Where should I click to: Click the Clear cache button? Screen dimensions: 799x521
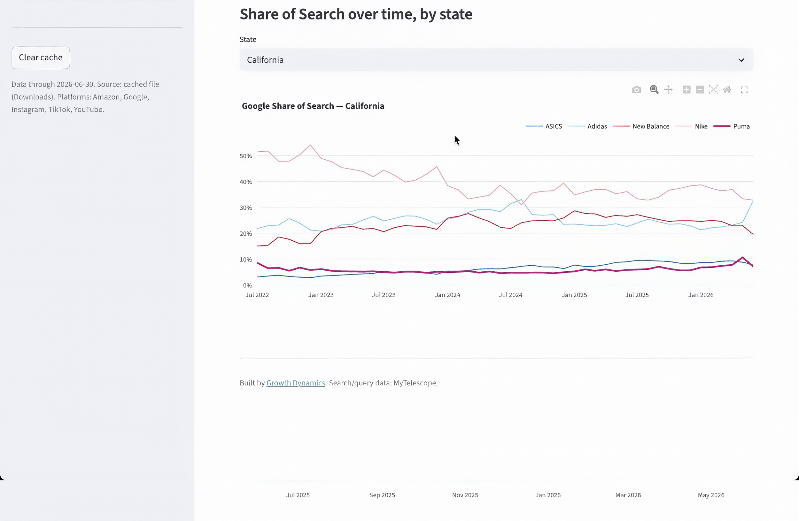point(41,58)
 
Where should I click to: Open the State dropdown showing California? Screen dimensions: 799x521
point(496,60)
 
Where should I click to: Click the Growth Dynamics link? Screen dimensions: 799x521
point(296,383)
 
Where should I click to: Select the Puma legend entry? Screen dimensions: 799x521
point(732,126)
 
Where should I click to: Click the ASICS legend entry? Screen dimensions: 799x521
point(544,126)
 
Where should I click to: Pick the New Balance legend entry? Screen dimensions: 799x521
point(641,126)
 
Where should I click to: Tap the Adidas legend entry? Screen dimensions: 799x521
point(587,126)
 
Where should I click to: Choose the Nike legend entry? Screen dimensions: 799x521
point(691,126)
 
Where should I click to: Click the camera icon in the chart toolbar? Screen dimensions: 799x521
point(636,90)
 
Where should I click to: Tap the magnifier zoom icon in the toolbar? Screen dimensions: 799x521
point(654,89)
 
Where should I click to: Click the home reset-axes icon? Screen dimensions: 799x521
point(727,89)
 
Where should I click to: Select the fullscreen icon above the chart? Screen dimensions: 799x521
point(744,90)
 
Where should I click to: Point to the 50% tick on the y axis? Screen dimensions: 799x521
point(246,156)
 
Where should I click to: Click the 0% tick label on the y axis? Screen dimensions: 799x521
point(247,285)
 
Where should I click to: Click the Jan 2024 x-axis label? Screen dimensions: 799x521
point(447,295)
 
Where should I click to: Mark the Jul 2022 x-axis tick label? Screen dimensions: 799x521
point(257,295)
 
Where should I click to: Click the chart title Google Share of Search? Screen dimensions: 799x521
point(288,106)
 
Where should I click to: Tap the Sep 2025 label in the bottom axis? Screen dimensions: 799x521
point(382,495)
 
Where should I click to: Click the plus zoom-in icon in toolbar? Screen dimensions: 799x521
point(686,89)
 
